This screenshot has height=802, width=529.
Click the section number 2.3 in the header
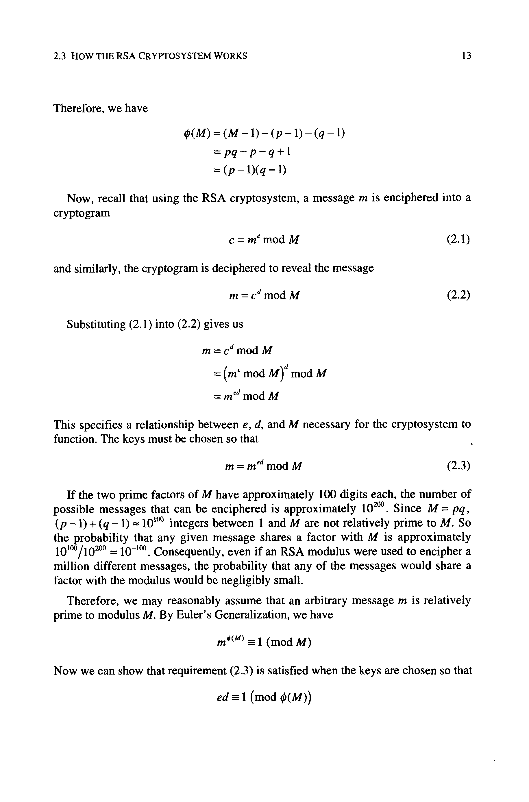pos(59,56)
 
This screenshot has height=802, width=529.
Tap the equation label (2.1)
pos(458,240)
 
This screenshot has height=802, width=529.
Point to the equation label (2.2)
pos(458,295)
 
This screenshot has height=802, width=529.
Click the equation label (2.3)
pos(458,466)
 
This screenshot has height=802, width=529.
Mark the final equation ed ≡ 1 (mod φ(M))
pos(263,697)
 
